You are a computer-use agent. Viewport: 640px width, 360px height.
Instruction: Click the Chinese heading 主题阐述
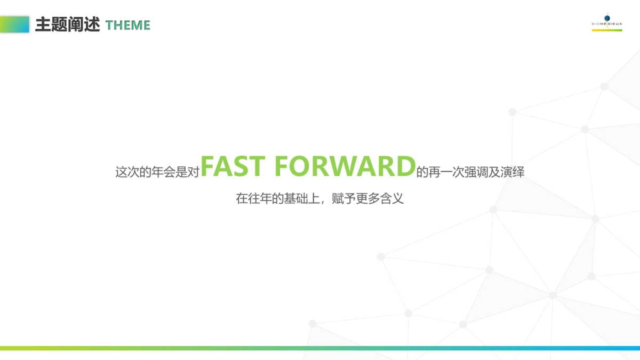point(67,25)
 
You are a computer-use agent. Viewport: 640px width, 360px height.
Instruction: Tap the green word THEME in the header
point(127,25)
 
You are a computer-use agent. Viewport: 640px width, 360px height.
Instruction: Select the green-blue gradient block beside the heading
point(14,25)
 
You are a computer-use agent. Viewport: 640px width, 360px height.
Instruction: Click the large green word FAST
point(233,166)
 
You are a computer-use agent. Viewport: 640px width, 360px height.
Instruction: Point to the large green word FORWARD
point(345,166)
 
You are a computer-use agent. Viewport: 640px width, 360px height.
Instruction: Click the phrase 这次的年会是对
point(157,172)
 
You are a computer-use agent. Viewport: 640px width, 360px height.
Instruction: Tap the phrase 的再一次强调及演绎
point(470,172)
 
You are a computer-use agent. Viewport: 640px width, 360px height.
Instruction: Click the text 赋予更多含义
point(367,198)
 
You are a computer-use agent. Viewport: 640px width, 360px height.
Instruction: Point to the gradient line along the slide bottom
point(320,348)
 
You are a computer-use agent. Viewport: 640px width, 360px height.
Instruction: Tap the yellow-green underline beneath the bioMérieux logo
point(607,30)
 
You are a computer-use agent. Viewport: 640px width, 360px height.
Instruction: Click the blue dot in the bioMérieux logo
point(607,18)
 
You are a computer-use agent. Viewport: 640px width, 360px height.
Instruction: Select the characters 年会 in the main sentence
point(163,172)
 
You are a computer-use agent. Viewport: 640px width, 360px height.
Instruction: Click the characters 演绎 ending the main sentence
point(513,172)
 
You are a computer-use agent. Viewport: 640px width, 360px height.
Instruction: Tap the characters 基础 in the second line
point(295,198)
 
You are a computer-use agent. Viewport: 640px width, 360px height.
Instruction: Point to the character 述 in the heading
point(92,25)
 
